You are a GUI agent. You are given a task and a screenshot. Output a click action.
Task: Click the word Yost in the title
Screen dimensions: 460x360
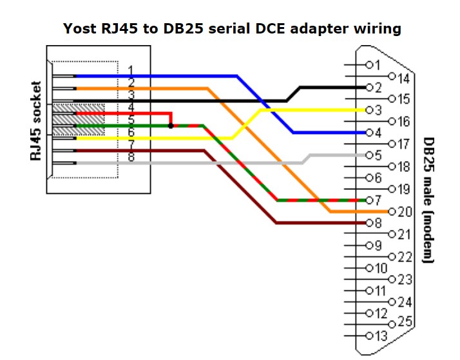pos(80,29)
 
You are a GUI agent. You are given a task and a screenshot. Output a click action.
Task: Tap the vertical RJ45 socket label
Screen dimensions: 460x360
pos(35,121)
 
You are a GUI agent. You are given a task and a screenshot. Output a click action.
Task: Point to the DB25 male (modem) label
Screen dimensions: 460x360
pos(428,200)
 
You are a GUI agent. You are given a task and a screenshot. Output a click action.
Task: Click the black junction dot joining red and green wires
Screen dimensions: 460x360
pos(171,126)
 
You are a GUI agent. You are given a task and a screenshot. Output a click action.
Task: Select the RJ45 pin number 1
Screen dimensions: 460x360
pos(131,70)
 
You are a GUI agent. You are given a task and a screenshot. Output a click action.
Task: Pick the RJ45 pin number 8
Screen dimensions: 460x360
pos(131,157)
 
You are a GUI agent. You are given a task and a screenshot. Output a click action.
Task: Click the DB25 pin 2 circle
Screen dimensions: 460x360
pos(369,88)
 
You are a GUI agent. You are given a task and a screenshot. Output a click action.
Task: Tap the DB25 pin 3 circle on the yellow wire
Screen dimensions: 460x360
pos(369,110)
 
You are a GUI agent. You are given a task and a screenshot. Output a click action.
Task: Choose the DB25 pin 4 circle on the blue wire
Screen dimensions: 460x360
pos(369,133)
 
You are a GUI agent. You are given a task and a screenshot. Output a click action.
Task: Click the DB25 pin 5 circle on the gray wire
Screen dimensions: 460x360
pos(369,155)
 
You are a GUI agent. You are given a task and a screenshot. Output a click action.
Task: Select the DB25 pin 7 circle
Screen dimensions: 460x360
pos(369,200)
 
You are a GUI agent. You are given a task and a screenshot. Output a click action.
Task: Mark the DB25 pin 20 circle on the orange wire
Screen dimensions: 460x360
pos(392,212)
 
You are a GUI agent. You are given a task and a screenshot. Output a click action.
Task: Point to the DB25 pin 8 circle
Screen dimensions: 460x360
pos(369,223)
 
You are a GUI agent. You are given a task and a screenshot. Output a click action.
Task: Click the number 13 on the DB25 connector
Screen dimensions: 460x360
pos(381,336)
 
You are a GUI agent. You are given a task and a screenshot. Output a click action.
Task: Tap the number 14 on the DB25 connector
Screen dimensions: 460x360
pos(403,79)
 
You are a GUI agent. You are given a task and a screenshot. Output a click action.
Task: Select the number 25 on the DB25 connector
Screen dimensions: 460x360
pos(405,322)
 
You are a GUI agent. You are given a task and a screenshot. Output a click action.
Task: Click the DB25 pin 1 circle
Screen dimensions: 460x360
pos(369,65)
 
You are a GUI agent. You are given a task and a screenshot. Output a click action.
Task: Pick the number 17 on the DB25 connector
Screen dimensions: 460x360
pos(403,144)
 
